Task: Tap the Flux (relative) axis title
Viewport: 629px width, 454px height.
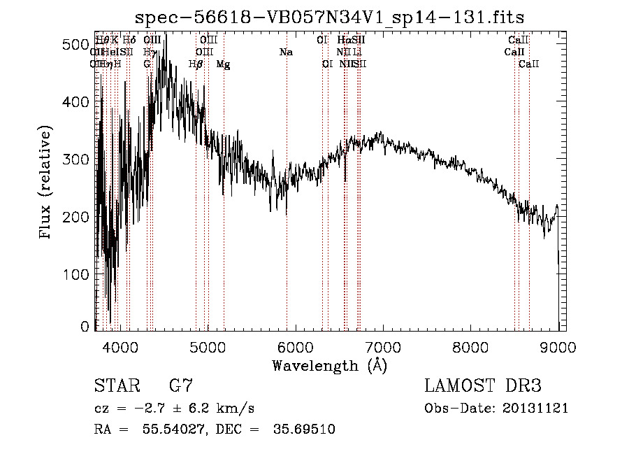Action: point(47,184)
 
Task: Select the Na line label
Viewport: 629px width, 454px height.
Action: point(285,52)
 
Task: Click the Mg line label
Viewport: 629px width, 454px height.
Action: point(223,64)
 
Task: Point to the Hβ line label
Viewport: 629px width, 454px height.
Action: point(196,64)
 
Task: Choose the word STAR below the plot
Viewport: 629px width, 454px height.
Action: point(114,386)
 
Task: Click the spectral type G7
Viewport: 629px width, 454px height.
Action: point(180,386)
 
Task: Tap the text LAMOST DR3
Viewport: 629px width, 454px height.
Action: point(482,386)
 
